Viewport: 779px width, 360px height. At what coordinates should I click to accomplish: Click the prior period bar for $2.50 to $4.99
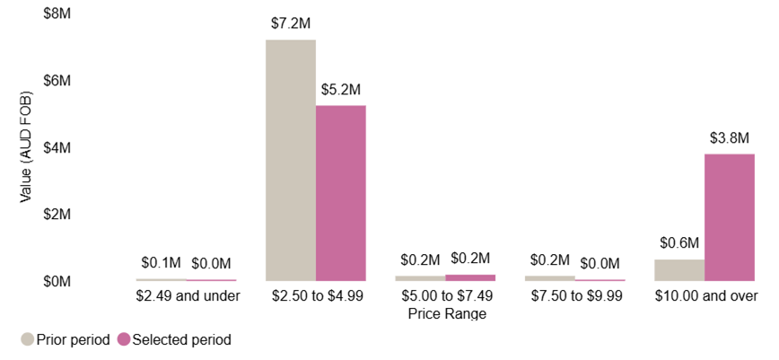coord(290,161)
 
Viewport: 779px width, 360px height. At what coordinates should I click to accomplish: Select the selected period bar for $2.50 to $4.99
coord(340,193)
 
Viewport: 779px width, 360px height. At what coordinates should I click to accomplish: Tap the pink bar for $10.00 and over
coord(729,217)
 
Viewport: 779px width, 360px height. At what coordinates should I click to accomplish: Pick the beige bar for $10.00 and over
coord(678,270)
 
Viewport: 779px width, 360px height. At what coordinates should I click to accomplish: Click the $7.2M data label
coord(291,23)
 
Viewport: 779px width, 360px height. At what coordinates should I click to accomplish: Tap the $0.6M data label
coord(679,242)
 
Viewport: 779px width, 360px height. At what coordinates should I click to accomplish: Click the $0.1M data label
coord(162,262)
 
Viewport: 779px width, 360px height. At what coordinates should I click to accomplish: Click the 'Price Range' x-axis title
coord(446,313)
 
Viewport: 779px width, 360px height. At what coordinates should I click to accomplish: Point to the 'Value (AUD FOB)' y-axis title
coord(26,147)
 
